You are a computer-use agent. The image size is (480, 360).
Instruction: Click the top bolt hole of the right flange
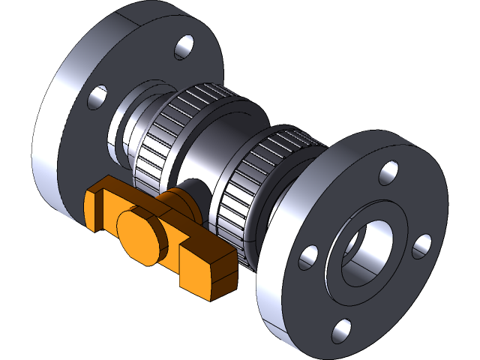388,173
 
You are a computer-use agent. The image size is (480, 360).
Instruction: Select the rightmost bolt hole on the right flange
422,246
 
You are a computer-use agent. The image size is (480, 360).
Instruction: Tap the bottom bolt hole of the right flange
342,329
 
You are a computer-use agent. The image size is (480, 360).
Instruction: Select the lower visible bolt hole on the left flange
98,98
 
